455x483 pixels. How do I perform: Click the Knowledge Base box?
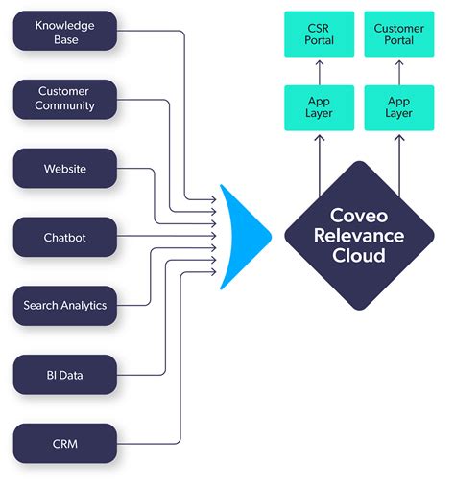click(x=64, y=31)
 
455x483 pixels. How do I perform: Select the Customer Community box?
click(x=64, y=100)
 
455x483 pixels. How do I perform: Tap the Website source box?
click(x=64, y=169)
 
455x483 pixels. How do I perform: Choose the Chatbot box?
click(x=64, y=237)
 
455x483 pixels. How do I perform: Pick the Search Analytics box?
click(x=64, y=306)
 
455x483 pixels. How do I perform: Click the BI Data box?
click(x=64, y=374)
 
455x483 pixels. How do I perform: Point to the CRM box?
click(x=64, y=444)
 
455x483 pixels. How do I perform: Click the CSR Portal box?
click(x=319, y=33)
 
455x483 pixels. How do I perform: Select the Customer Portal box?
click(x=399, y=33)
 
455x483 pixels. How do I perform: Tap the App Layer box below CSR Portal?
click(x=319, y=106)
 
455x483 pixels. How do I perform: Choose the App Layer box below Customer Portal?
click(x=399, y=106)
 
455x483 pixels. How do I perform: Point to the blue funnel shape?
click(x=240, y=236)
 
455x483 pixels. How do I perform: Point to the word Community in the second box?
click(x=64, y=106)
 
